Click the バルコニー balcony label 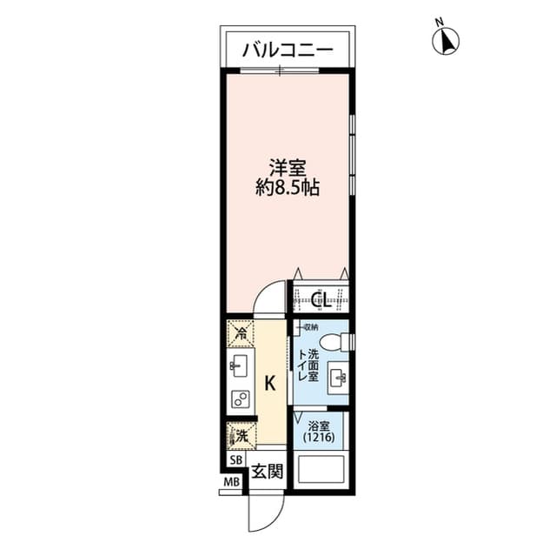pyautogui.click(x=287, y=50)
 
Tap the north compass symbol pyautogui.click(x=447, y=39)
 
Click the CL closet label pyautogui.click(x=319, y=300)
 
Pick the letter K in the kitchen pyautogui.click(x=269, y=382)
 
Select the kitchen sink pyautogui.click(x=239, y=365)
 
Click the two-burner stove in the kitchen pyautogui.click(x=239, y=399)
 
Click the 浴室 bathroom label pyautogui.click(x=318, y=426)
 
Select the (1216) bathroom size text pyautogui.click(x=318, y=439)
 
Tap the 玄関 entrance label pyautogui.click(x=266, y=472)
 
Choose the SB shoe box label pyautogui.click(x=235, y=459)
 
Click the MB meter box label pyautogui.click(x=231, y=483)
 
